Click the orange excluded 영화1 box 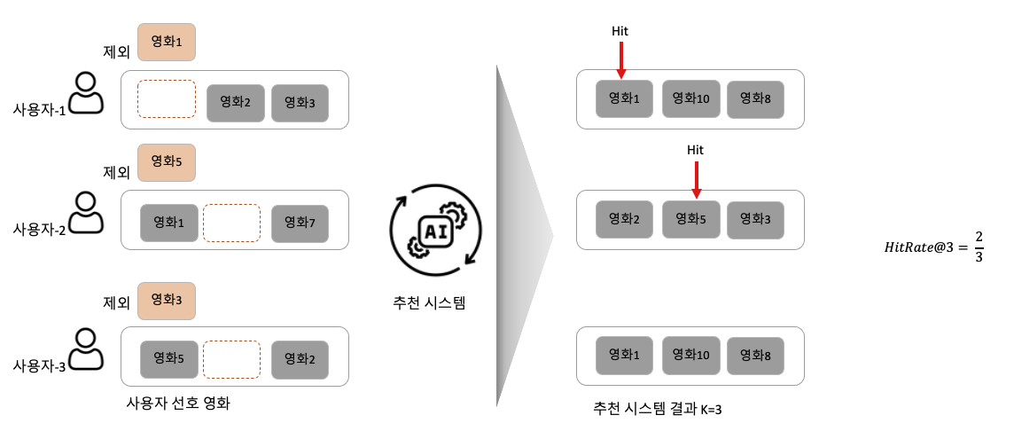pyautogui.click(x=167, y=42)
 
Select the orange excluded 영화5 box pyautogui.click(x=167, y=162)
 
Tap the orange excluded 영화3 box pyautogui.click(x=167, y=301)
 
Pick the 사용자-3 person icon pyautogui.click(x=87, y=349)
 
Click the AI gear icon pyautogui.click(x=436, y=230)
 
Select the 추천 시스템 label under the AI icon pyautogui.click(x=430, y=302)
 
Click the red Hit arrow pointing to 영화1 pyautogui.click(x=620, y=61)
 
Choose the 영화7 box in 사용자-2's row pyautogui.click(x=300, y=223)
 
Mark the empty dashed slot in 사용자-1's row pyautogui.click(x=167, y=99)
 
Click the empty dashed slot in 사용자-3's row pyautogui.click(x=231, y=360)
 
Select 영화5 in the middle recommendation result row pyautogui.click(x=691, y=219)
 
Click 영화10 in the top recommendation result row pyautogui.click(x=691, y=98)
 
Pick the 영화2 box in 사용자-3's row pyautogui.click(x=300, y=360)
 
